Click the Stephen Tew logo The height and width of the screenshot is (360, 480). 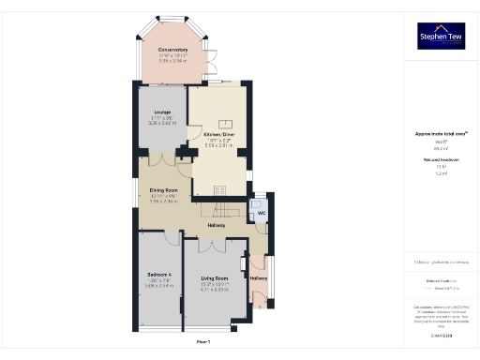pos(442,37)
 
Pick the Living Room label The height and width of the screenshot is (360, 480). pos(216,278)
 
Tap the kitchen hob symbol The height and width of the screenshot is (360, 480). pos(225,123)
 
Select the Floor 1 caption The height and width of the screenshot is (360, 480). pos(202,343)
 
